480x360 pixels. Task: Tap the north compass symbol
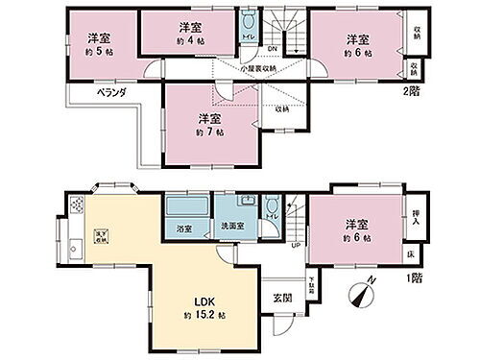364,291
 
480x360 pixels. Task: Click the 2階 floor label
413,93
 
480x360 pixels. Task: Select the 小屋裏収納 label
259,68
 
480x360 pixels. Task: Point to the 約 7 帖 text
204,132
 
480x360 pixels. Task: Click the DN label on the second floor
271,49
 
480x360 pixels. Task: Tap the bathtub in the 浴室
182,207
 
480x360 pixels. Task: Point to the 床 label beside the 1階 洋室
411,253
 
